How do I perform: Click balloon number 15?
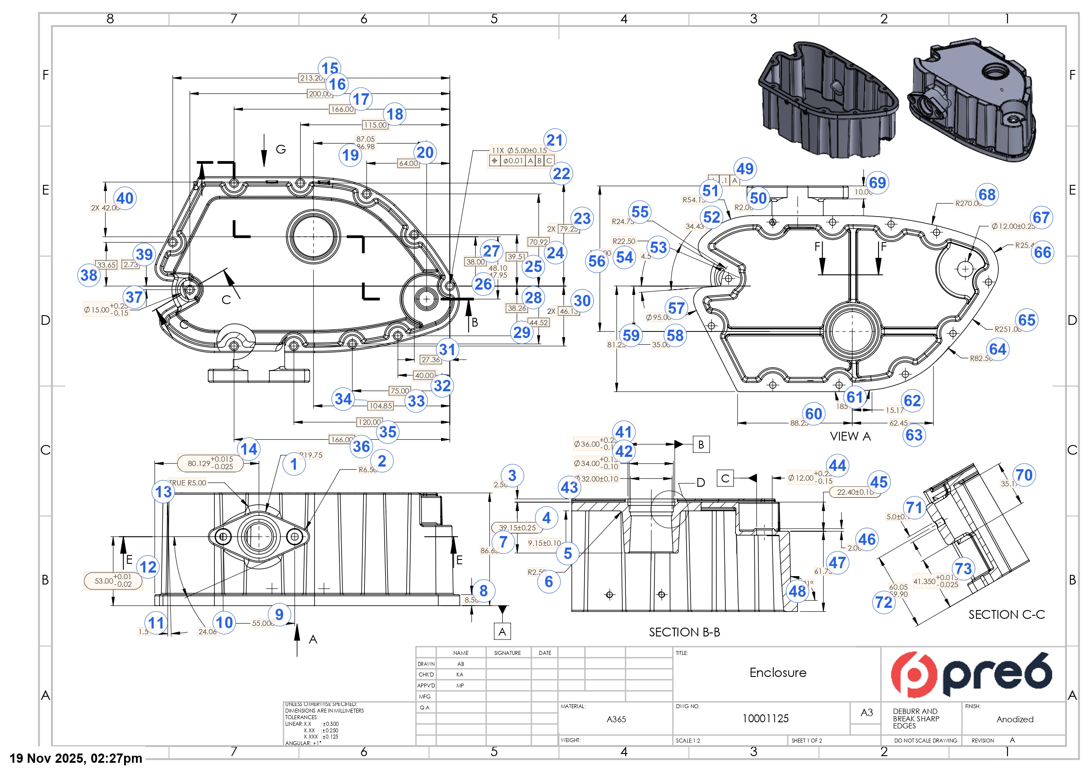330,69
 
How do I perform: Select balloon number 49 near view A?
745,169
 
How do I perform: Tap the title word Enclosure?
778,673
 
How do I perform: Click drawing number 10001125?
765,719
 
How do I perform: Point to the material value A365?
616,719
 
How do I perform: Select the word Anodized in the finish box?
1015,719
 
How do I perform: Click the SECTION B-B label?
684,632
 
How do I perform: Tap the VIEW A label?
850,436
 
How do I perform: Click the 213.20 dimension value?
311,78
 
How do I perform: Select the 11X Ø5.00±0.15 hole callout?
519,151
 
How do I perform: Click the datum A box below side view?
502,632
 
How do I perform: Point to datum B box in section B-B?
701,444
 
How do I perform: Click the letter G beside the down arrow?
281,149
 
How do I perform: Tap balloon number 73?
963,568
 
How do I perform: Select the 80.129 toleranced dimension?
210,463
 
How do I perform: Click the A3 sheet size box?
867,713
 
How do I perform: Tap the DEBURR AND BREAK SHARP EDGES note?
916,718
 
